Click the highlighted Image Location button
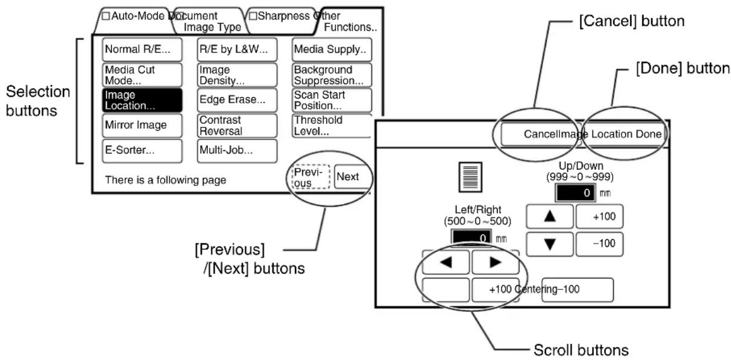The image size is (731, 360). pyautogui.click(x=142, y=100)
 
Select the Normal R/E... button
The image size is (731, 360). pyautogui.click(x=142, y=50)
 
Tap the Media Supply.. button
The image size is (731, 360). pyautogui.click(x=332, y=50)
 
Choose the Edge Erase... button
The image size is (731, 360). pyautogui.click(x=237, y=100)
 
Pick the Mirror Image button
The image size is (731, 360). pyautogui.click(x=142, y=125)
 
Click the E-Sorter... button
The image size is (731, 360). pyautogui.click(x=142, y=151)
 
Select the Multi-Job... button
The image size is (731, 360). pyautogui.click(x=237, y=151)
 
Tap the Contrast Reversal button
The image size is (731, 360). pyautogui.click(x=237, y=125)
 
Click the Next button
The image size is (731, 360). pyautogui.click(x=352, y=176)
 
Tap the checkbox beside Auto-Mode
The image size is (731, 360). pyautogui.click(x=106, y=16)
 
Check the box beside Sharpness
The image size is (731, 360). pyautogui.click(x=253, y=16)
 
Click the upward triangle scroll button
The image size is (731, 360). pyautogui.click(x=550, y=216)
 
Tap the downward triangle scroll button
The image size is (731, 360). pyautogui.click(x=550, y=244)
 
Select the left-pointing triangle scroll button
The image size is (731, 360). pyautogui.click(x=446, y=262)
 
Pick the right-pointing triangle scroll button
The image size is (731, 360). pyautogui.click(x=495, y=262)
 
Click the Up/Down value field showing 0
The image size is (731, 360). pyautogui.click(x=575, y=193)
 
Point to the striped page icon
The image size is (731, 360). pyautogui.click(x=470, y=177)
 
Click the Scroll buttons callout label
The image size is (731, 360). pyautogui.click(x=581, y=350)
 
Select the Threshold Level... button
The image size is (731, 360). pyautogui.click(x=332, y=125)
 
